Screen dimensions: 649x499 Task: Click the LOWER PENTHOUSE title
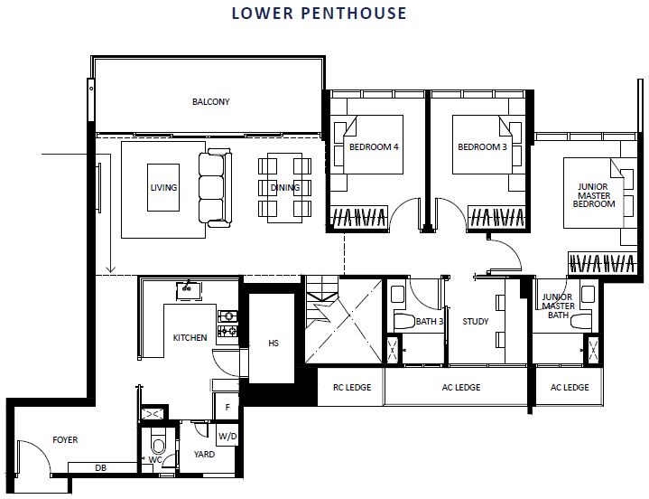(x=320, y=14)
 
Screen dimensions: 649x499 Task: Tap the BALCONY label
(x=210, y=102)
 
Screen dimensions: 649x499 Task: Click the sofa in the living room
(x=215, y=188)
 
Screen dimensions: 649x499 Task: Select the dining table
(x=284, y=188)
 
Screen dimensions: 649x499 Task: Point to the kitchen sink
(x=189, y=290)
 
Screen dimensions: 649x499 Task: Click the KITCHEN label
(x=190, y=338)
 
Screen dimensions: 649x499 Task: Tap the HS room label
(x=274, y=344)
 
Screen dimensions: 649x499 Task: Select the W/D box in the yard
(x=227, y=435)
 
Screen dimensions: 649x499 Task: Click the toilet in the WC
(x=158, y=443)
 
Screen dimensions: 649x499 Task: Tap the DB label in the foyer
(x=100, y=468)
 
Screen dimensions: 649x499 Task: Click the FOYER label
(x=65, y=439)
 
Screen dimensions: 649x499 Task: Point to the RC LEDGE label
(x=352, y=388)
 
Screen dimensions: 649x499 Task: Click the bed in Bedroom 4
(x=373, y=145)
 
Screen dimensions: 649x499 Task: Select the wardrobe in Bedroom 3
(x=496, y=217)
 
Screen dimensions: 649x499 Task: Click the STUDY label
(x=475, y=321)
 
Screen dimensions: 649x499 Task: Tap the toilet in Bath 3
(x=403, y=322)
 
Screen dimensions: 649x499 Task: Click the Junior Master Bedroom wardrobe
(x=602, y=263)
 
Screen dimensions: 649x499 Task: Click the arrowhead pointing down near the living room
(x=110, y=269)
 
